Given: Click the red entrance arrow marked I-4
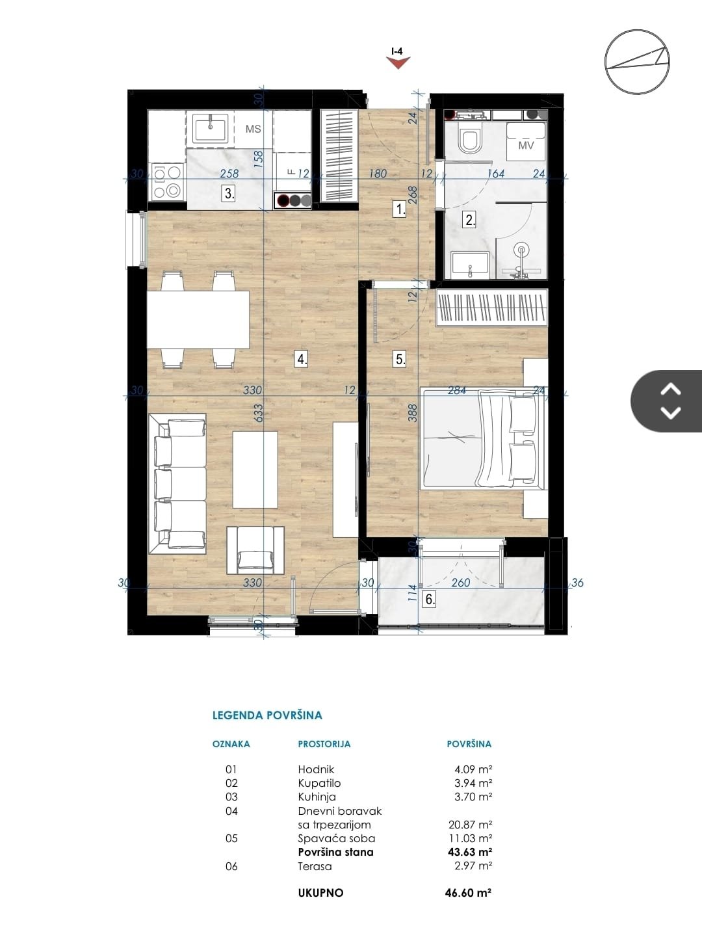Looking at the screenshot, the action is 398,62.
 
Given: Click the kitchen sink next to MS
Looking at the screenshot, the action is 210,128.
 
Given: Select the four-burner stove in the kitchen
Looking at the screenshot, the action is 167,181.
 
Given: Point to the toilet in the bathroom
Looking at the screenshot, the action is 471,137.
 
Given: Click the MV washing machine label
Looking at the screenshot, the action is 526,145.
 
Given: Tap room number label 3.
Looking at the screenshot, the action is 229,193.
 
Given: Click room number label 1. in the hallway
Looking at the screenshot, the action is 400,209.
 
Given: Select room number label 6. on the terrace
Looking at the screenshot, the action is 430,598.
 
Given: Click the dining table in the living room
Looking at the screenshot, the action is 198,320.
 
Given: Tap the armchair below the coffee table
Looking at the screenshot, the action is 255,550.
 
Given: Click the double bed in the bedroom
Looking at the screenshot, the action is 484,438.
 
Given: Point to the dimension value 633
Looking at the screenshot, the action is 258,413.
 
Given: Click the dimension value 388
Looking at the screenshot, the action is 413,412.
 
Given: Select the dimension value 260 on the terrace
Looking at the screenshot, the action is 461,583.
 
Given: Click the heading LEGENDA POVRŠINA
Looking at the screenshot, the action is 267,715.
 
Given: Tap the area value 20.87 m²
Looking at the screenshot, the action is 470,825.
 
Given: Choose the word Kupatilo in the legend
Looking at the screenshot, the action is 320,783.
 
